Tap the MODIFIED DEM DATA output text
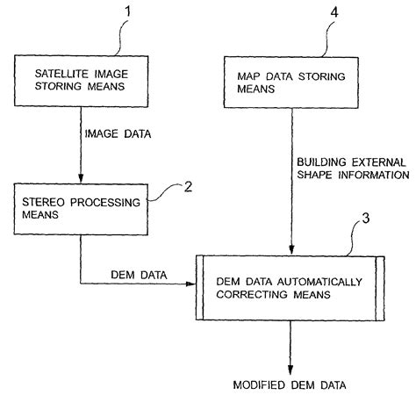(289, 384)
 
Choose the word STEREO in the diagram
(41, 202)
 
